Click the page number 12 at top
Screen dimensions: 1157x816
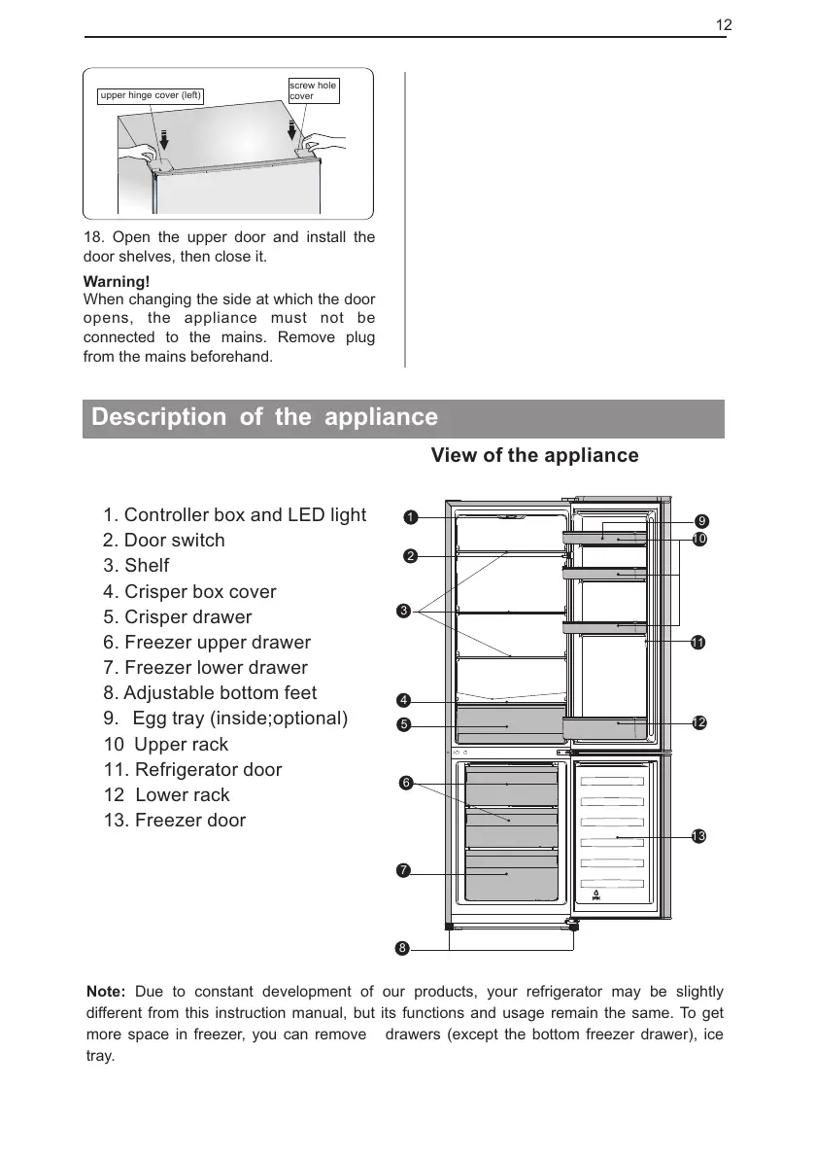[x=724, y=24]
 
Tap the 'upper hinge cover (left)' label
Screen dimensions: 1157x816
[x=151, y=95]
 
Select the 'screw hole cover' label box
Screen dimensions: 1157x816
[x=314, y=90]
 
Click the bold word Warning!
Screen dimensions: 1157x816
[x=115, y=281]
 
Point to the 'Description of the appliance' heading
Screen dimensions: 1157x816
[x=264, y=418]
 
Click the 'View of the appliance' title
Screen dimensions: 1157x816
[x=534, y=456]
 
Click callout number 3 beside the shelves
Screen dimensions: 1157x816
[x=404, y=611]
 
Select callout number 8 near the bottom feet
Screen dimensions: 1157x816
[x=401, y=946]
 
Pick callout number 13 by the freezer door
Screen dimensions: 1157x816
[x=698, y=837]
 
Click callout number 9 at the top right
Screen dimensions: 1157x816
[x=701, y=521]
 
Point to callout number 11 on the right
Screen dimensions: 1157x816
[x=697, y=643]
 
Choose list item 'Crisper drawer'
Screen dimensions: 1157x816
[x=177, y=617]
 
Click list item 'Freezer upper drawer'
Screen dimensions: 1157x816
[x=207, y=643]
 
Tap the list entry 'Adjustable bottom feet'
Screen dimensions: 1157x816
[x=210, y=693]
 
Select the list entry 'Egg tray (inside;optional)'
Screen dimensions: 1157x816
[x=225, y=719]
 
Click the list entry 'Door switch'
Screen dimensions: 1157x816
[x=163, y=541]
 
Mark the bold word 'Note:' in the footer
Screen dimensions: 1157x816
[x=106, y=992]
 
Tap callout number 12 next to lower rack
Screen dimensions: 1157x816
[x=698, y=722]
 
